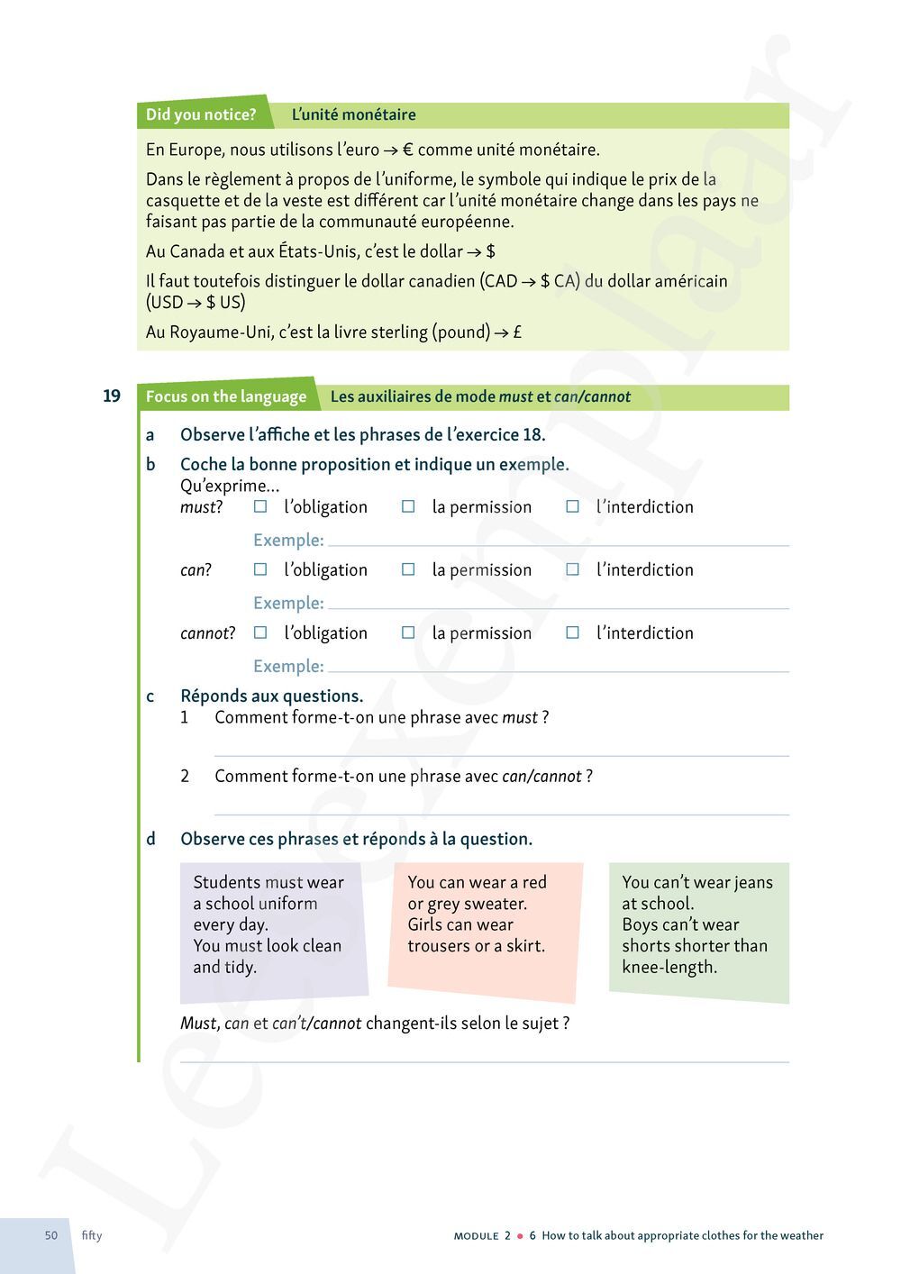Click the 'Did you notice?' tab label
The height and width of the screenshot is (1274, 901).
click(201, 114)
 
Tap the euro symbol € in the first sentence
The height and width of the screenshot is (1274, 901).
click(407, 150)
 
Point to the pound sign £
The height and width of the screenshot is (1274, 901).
click(517, 332)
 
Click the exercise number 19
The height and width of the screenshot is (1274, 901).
click(112, 396)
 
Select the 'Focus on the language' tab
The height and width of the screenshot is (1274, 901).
click(226, 396)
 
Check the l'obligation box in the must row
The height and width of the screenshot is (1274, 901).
click(260, 507)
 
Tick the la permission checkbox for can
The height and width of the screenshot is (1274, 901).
click(408, 570)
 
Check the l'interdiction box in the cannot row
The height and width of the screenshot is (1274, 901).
click(572, 633)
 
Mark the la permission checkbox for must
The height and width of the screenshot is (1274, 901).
click(408, 507)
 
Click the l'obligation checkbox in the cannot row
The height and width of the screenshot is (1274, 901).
click(260, 633)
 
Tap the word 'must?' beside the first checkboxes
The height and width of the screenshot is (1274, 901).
click(201, 507)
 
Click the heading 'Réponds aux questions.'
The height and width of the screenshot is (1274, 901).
click(271, 696)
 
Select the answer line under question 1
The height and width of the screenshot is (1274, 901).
click(501, 752)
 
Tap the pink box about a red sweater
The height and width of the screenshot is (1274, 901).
click(484, 928)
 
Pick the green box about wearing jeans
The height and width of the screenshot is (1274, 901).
click(698, 928)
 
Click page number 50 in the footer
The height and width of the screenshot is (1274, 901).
click(51, 1235)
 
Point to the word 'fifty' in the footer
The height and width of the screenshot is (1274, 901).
click(92, 1235)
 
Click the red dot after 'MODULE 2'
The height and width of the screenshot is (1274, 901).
click(520, 1236)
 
